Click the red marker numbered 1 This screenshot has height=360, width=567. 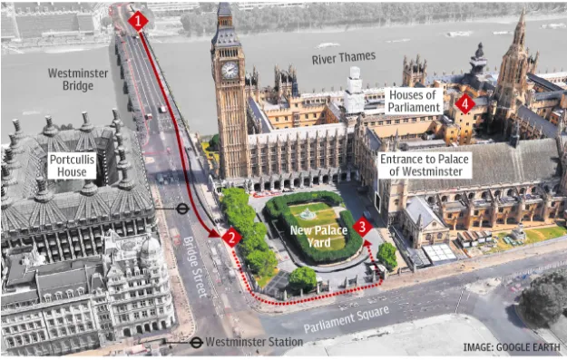point(138,20)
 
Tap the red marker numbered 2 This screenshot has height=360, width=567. point(231,238)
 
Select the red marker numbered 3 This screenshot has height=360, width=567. point(363,227)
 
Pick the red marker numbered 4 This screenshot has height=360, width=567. point(465,104)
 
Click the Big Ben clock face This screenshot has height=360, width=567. point(230,70)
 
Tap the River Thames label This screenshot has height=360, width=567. point(344,59)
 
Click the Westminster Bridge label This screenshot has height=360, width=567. point(77,79)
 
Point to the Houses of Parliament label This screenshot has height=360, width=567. point(415,101)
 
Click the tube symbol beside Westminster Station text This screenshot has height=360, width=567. point(196,343)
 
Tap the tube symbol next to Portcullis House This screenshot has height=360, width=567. point(182,208)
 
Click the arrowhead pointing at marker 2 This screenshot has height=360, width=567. point(216,233)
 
